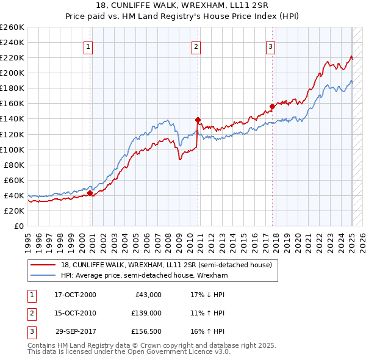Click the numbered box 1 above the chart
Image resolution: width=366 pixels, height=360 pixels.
point(88,46)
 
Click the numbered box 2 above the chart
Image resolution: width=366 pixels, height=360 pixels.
point(196,46)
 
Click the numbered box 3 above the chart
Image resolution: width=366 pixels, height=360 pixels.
point(270,46)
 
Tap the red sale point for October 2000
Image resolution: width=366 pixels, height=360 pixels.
point(90,193)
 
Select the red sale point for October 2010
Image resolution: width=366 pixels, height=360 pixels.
point(198,120)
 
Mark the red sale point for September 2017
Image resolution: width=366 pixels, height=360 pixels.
point(272,106)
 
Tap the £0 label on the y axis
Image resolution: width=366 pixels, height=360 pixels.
point(18,226)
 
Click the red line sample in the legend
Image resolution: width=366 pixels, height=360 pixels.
point(44,265)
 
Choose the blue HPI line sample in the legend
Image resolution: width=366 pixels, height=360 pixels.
point(44,275)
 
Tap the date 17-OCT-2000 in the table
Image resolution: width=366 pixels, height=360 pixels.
point(75,295)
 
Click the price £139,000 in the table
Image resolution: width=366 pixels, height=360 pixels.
point(146,313)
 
